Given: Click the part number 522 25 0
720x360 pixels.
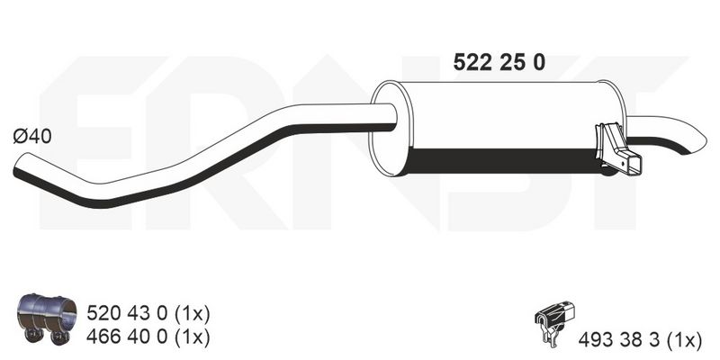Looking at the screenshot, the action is [x=499, y=62].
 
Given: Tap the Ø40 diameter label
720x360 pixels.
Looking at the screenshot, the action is [x=32, y=137].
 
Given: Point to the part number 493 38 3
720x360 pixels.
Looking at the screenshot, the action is [x=618, y=340].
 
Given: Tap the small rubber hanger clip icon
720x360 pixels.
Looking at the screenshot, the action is [x=554, y=321].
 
